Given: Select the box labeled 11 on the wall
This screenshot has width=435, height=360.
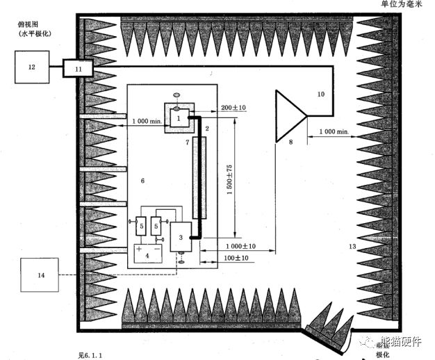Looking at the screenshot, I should click(78, 68).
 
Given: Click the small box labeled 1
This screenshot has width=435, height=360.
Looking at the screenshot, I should click(179, 118).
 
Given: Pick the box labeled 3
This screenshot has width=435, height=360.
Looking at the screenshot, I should click(181, 236).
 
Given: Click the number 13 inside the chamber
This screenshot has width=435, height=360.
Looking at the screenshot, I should click(352, 247).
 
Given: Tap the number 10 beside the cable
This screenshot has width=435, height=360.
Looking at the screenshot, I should click(320, 92).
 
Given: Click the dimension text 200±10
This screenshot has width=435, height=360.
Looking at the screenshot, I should click(233, 108).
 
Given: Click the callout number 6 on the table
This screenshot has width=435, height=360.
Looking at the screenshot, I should click(142, 181).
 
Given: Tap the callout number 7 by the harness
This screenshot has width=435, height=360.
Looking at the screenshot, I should click(187, 142).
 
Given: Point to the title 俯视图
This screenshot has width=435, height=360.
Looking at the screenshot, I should click(28, 24).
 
